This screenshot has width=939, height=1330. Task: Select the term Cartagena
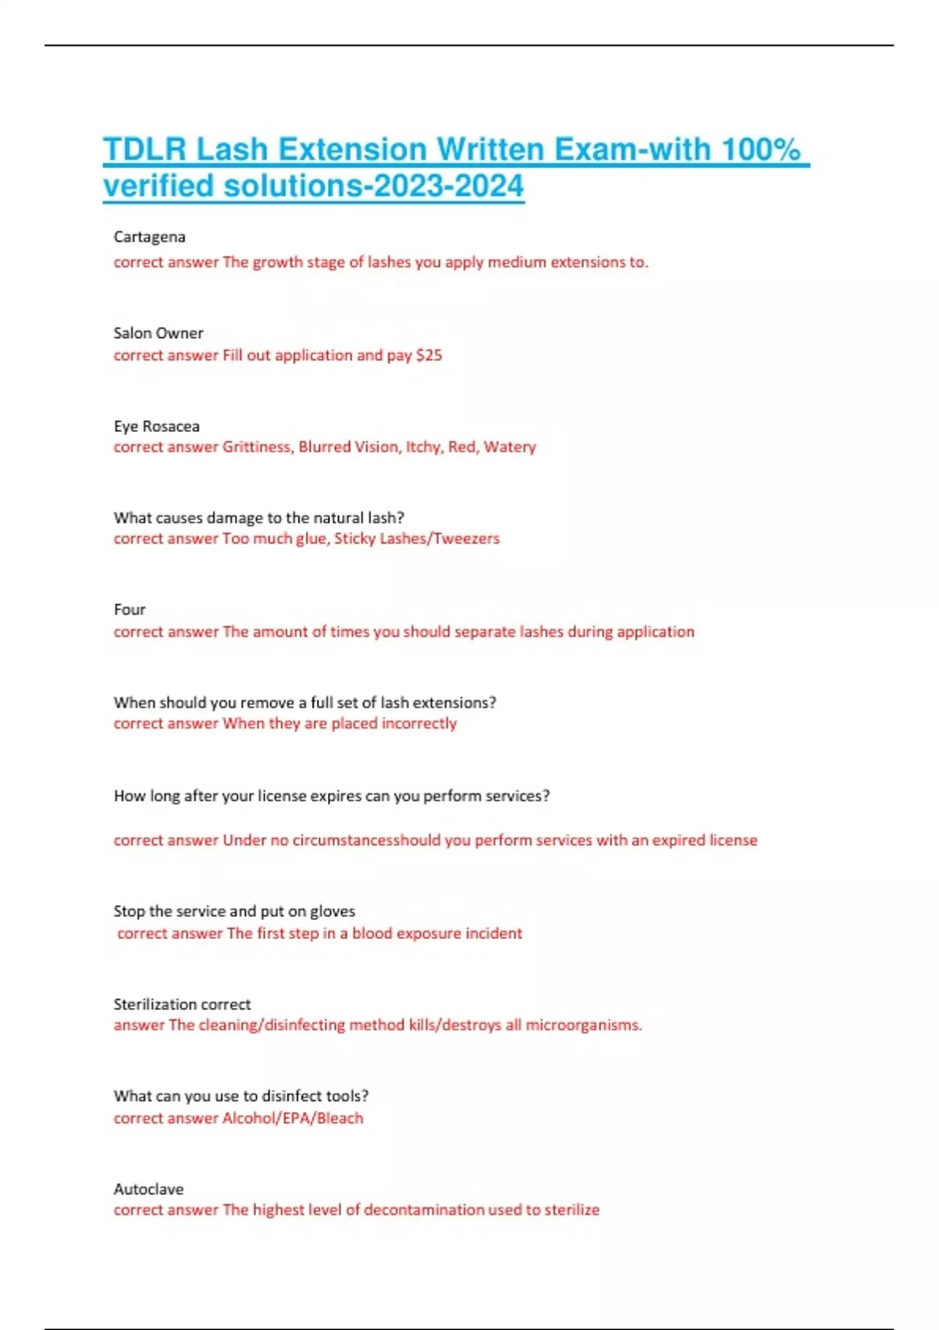point(149,236)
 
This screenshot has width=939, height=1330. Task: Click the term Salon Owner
point(158,332)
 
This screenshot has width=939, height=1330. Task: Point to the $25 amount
point(429,355)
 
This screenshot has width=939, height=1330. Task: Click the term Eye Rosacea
point(156,426)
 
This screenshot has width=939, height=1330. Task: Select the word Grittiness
point(256,447)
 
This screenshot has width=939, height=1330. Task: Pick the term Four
point(129,609)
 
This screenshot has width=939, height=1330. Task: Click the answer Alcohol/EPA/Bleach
point(293,1118)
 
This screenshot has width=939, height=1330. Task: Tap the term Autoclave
point(149,1189)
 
